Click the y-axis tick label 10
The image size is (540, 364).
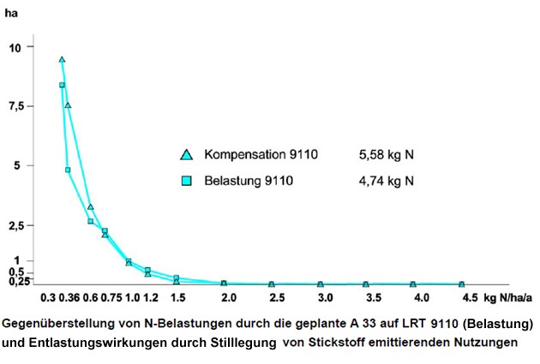click(27, 46)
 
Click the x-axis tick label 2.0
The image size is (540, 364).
click(229, 298)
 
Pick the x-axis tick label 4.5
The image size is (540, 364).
click(469, 298)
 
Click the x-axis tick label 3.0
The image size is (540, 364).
click(325, 298)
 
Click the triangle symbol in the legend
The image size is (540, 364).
click(186, 155)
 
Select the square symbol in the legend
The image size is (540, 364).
click(186, 182)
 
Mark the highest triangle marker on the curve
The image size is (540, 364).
click(62, 59)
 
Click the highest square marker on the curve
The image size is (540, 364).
click(62, 85)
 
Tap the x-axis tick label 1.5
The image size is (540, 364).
click(177, 298)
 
